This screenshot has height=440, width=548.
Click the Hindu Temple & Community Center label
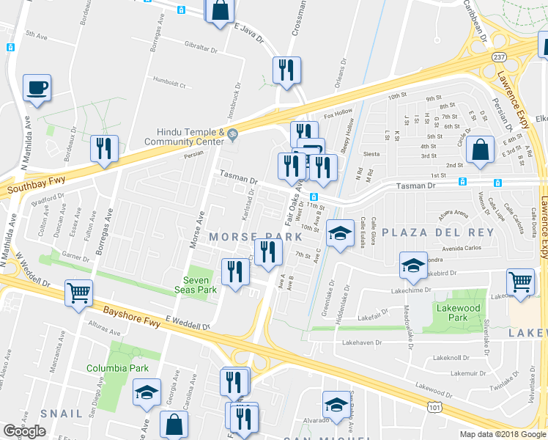click(183, 136)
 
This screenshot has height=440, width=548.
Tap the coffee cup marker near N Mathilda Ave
click(37, 89)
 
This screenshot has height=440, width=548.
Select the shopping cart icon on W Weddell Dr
click(78, 293)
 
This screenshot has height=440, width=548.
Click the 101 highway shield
click(434, 405)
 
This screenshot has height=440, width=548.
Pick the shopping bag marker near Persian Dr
click(479, 150)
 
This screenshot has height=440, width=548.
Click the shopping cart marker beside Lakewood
click(520, 282)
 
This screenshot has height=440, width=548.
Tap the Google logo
click(25, 431)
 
